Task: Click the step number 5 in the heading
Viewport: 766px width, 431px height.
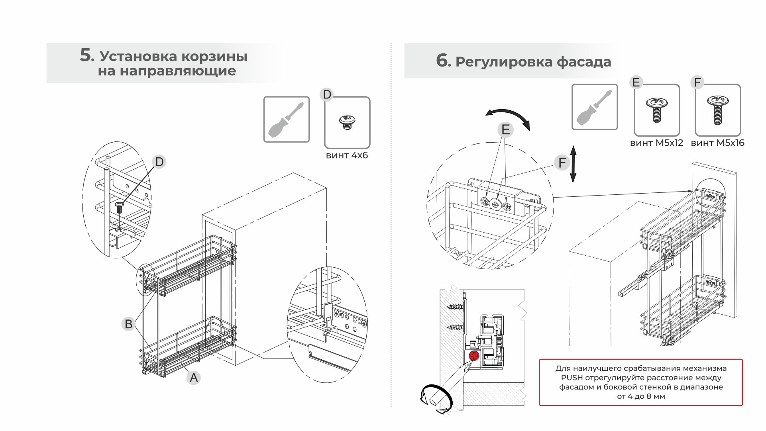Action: tap(86, 55)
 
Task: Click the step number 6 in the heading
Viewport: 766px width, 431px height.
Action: tap(442, 61)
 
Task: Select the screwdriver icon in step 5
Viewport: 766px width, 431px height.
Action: tap(286, 119)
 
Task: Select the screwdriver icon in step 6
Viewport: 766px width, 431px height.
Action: tap(594, 107)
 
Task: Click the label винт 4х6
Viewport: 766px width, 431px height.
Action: tap(347, 155)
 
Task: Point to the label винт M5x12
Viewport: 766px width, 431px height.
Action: tap(656, 143)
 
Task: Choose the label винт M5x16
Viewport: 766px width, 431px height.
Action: tap(717, 143)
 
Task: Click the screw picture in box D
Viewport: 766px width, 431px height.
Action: tap(347, 122)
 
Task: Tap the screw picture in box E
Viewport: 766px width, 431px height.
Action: tap(656, 109)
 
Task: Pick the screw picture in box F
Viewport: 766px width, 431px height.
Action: tap(717, 110)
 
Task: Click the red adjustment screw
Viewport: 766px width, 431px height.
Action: tap(474, 356)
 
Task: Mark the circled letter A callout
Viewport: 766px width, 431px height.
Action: tap(194, 377)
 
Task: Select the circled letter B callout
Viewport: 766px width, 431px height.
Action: tap(128, 324)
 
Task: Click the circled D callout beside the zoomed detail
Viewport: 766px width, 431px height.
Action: tap(159, 162)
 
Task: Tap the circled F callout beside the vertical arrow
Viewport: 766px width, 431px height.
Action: tap(562, 163)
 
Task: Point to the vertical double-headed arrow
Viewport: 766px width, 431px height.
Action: tap(573, 164)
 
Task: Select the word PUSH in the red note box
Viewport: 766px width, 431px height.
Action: tap(572, 378)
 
